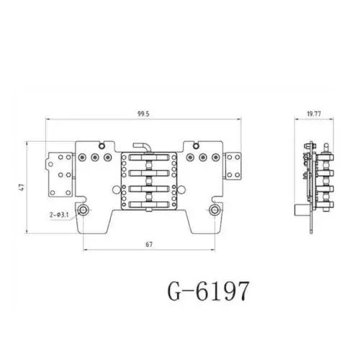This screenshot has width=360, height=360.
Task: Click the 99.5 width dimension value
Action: [143, 114]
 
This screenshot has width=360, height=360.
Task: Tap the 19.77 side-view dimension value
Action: [314, 114]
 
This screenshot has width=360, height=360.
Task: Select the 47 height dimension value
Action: [22, 187]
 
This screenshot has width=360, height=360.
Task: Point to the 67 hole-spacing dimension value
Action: [149, 244]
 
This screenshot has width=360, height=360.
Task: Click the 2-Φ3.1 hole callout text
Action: [59, 215]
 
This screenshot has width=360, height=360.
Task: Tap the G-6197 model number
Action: [208, 291]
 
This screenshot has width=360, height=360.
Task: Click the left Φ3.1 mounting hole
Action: [84, 210]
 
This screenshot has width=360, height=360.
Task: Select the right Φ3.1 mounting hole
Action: [215, 210]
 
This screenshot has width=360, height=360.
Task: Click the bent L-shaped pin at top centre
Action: [142, 146]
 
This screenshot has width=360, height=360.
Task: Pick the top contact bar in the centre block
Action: [149, 158]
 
